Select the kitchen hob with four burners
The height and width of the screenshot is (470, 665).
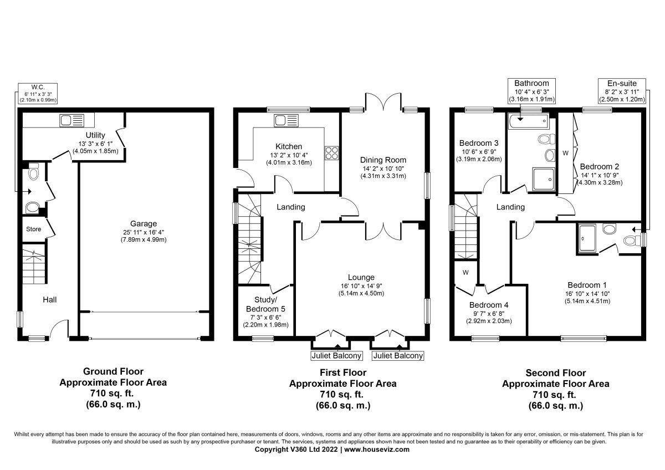pyautogui.click(x=331, y=152)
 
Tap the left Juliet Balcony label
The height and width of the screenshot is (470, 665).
pyautogui.click(x=336, y=356)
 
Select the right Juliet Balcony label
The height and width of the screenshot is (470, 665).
pyautogui.click(x=398, y=356)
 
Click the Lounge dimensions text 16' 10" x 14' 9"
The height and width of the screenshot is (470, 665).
pyautogui.click(x=361, y=285)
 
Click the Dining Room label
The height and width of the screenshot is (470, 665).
pyautogui.click(x=383, y=160)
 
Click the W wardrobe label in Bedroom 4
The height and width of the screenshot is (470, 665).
pyautogui.click(x=465, y=272)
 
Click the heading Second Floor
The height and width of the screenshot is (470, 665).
pyautogui.click(x=555, y=373)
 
